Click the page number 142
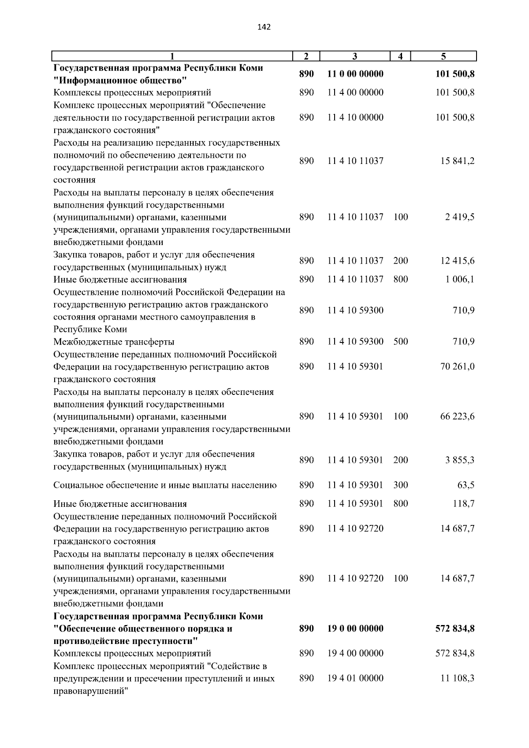[264, 27]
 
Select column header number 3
[355, 56]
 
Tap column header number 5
[443, 56]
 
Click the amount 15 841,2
[457, 161]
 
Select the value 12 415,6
[457, 261]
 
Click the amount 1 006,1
[459, 279]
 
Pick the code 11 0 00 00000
[355, 74]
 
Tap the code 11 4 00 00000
[355, 93]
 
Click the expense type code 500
[400, 342]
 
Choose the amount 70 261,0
[457, 367]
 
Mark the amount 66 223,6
[457, 417]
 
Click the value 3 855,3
[459, 460]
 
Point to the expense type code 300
[400, 485]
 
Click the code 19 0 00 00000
[355, 629]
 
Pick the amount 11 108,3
[457, 678]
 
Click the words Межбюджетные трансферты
[114, 342]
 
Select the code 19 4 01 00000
[355, 678]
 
